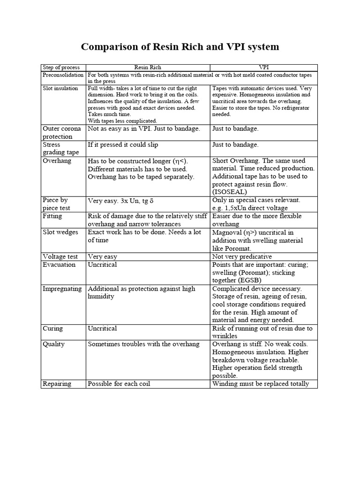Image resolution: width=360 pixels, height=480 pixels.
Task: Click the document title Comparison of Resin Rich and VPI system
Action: [180, 47]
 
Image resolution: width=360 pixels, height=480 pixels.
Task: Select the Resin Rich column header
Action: [148, 67]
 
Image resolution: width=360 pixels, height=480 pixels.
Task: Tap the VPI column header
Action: [264, 67]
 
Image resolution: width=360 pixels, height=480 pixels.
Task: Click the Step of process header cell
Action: [62, 67]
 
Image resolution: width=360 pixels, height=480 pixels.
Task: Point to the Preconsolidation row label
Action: [63, 75]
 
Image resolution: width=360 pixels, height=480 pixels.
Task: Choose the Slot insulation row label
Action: [60, 88]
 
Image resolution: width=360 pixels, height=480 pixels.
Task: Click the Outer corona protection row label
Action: [62, 132]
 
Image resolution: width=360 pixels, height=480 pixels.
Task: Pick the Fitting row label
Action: [52, 216]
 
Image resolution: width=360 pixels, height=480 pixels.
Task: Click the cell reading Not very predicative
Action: [242, 256]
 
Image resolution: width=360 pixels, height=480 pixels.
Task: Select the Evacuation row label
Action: [59, 264]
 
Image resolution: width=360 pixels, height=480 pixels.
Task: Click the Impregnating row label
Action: [62, 289]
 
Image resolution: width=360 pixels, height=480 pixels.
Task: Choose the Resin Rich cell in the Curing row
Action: [103, 328]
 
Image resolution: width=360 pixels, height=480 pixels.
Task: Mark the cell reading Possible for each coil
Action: [119, 383]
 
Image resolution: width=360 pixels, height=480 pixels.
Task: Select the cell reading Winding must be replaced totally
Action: [261, 383]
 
